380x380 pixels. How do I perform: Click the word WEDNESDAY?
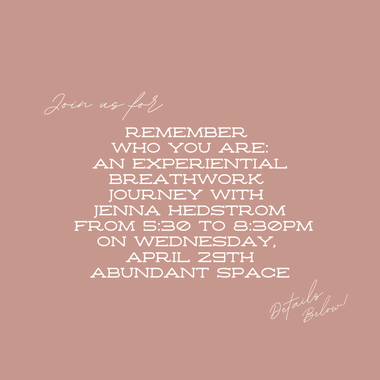pos(205,242)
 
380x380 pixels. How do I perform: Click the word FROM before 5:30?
pos(104,226)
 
